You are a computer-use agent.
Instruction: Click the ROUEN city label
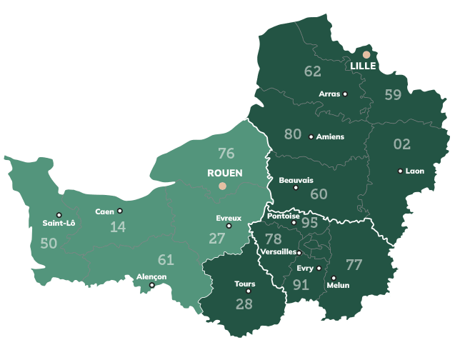point(225,173)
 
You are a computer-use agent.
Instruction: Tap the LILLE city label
point(363,66)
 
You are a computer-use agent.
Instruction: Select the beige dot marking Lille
point(366,54)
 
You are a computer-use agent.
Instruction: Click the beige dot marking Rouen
point(222,186)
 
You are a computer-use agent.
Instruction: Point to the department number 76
point(226,153)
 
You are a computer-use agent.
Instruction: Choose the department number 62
point(312,71)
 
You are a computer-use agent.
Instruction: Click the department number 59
point(393,94)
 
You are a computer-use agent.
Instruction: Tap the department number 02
point(402,144)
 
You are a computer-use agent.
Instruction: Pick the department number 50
point(49,244)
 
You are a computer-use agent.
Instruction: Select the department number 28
point(244,304)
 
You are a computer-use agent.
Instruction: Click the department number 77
point(354,265)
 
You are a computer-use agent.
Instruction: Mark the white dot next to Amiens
point(311,136)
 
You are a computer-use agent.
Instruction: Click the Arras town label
point(329,94)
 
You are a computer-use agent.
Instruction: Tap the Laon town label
point(415,171)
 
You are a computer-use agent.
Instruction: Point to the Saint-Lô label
point(59,223)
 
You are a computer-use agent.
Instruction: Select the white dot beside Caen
point(120,211)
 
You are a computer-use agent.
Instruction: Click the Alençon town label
point(151,276)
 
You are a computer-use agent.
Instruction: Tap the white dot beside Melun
point(334,278)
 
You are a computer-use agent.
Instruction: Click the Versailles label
point(279,252)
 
